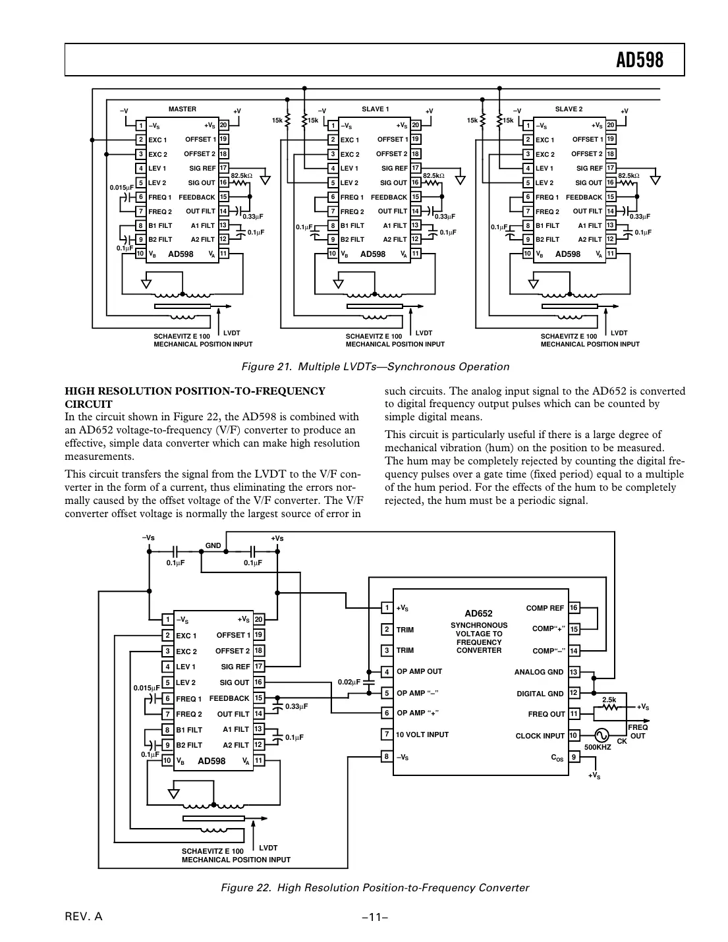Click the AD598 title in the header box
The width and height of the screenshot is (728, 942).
click(639, 61)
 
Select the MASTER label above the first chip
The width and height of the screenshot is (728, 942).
click(182, 109)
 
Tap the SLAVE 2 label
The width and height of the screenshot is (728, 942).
click(569, 109)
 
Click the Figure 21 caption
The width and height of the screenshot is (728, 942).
click(375, 367)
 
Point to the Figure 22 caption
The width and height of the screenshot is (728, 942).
click(374, 887)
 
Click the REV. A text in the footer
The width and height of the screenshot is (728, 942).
click(84, 917)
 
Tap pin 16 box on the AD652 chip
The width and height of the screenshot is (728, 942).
click(574, 608)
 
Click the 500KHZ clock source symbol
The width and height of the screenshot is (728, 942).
click(601, 735)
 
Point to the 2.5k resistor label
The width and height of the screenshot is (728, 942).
click(609, 700)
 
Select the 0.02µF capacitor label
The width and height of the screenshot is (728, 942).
click(349, 682)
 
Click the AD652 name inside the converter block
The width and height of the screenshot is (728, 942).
click(478, 613)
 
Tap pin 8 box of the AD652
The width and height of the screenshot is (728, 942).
click(387, 756)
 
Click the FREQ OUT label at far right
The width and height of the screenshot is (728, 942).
click(638, 731)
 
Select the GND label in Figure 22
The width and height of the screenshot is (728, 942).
click(213, 546)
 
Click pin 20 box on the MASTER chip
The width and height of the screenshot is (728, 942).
click(223, 126)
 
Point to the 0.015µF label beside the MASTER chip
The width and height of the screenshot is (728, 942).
click(121, 188)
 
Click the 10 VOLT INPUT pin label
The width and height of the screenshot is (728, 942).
click(422, 734)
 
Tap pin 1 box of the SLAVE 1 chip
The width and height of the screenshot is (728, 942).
click(333, 126)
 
